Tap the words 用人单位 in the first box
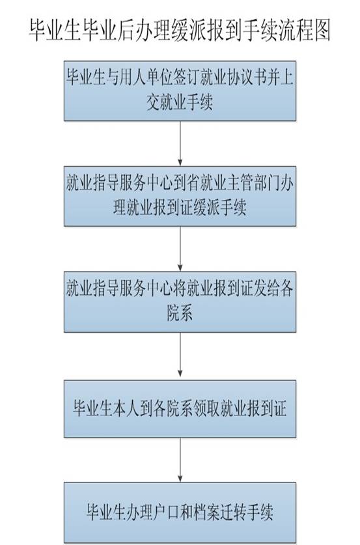point(146,77)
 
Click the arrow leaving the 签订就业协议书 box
point(180,143)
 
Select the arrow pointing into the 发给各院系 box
point(180,249)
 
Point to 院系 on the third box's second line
point(180,313)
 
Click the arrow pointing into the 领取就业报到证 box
point(180,355)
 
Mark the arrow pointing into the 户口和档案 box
point(180,460)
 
